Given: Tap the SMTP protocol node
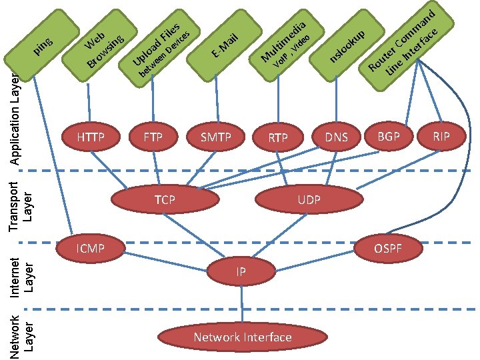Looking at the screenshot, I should pyautogui.click(x=215, y=139).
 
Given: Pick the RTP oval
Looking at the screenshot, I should pyautogui.click(x=278, y=139).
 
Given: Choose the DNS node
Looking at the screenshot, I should pyautogui.click(x=337, y=138).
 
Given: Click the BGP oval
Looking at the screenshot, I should pyautogui.click(x=389, y=137).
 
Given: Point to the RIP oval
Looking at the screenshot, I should pyautogui.click(x=441, y=137).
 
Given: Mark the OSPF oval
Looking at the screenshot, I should pyautogui.click(x=388, y=249).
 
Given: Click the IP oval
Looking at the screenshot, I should pyautogui.click(x=241, y=272).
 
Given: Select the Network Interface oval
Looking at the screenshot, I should pyautogui.click(x=243, y=337).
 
